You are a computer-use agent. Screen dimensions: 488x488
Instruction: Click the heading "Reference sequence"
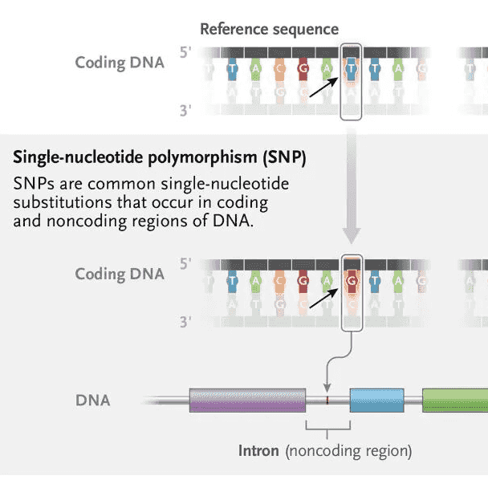pos(269,30)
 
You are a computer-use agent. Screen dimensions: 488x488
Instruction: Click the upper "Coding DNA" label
pos(120,62)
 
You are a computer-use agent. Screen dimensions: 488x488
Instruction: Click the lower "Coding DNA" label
pos(120,274)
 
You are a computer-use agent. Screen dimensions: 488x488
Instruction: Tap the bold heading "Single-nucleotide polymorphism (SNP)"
pos(159,157)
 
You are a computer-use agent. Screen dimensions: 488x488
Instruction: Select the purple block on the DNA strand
pos(247,400)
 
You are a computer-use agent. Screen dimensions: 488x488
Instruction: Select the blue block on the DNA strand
pos(376,400)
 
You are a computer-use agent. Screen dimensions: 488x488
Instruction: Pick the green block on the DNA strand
pos(454,400)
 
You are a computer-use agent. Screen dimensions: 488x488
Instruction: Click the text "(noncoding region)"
pos(348,450)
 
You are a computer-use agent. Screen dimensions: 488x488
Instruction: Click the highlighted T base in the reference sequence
pos(352,68)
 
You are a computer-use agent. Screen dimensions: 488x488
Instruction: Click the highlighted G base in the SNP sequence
pos(352,281)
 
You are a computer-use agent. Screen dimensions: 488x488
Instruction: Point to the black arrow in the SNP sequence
pos(325,298)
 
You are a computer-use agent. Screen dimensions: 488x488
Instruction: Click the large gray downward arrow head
pos(352,234)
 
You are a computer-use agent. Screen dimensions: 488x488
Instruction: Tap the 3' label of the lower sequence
pos(186,322)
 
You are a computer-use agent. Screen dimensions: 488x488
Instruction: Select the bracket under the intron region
pos(328,425)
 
